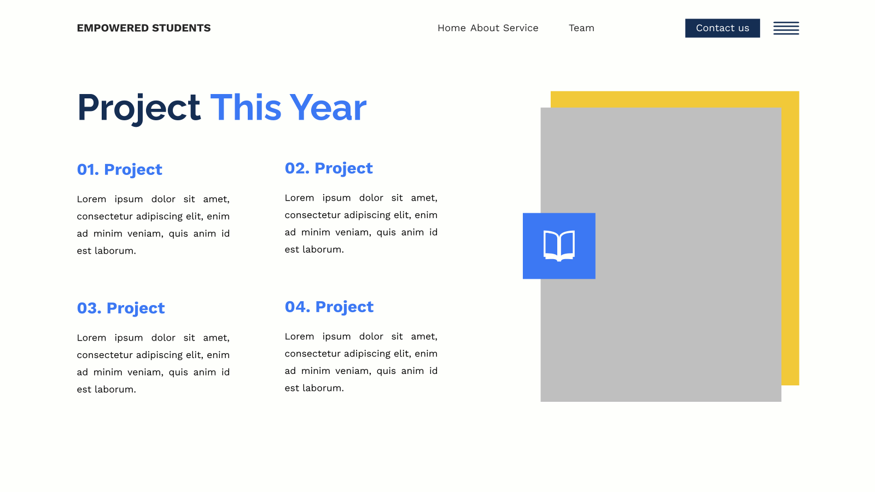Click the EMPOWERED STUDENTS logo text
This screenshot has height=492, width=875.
click(x=144, y=28)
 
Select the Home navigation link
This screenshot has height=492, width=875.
click(x=452, y=28)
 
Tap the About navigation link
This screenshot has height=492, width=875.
click(x=485, y=28)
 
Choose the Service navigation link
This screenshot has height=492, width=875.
click(x=521, y=28)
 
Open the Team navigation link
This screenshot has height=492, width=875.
click(x=582, y=28)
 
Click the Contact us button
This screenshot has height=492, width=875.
click(x=722, y=28)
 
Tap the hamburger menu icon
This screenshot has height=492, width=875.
click(x=786, y=28)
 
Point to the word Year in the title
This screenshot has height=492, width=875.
click(x=328, y=108)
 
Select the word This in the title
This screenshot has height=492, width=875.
click(x=246, y=107)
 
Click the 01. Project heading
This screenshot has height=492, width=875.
click(x=120, y=170)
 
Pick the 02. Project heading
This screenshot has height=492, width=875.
click(x=329, y=169)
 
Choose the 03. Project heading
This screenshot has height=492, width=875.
click(x=121, y=308)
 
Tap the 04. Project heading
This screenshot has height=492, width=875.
click(x=329, y=307)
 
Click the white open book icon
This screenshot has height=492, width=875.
click(x=559, y=245)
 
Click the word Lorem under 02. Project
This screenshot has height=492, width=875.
click(x=299, y=198)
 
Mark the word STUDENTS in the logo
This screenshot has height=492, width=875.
click(x=181, y=28)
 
